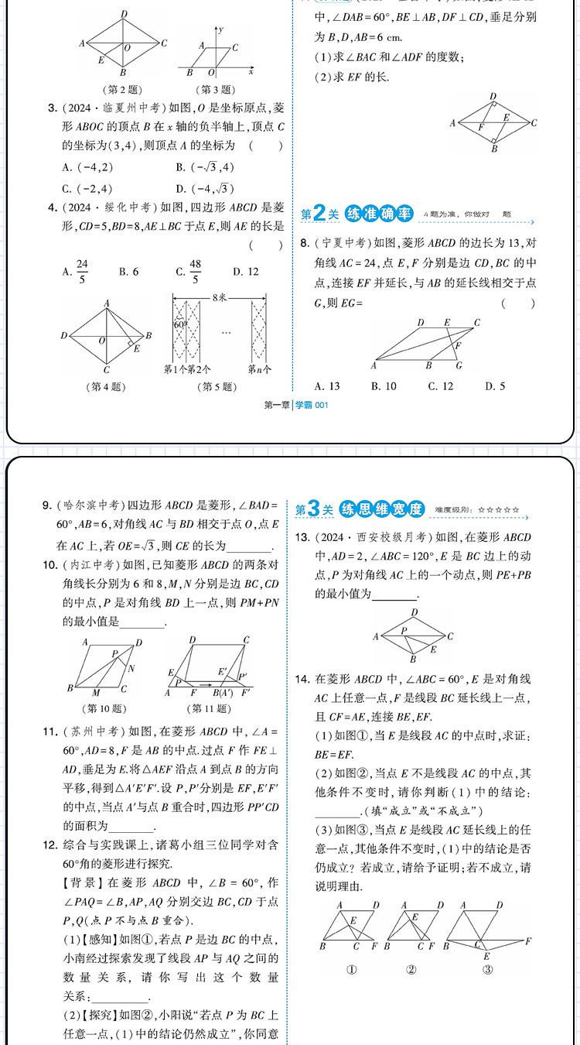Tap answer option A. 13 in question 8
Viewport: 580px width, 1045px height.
327,385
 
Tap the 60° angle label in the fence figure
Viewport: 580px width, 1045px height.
179,324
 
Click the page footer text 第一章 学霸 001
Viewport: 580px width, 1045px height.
296,404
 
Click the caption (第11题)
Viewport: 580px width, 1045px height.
210,708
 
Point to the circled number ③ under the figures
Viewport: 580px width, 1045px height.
487,969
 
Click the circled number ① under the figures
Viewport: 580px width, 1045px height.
351,969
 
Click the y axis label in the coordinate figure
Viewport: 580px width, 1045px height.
220,29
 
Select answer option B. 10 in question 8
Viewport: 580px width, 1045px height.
384,385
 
